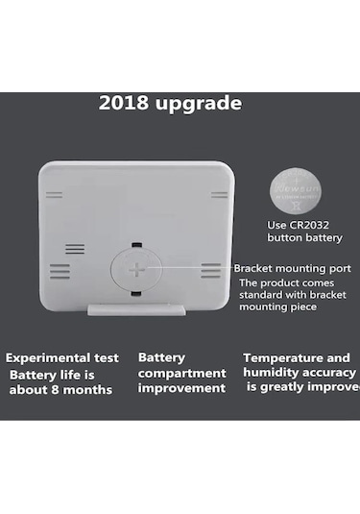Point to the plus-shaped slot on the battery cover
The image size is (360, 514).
coord(137,269)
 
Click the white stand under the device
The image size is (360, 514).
coord(136,309)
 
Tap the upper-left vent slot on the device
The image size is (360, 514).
coord(55,195)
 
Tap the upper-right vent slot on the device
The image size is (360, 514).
coord(219,195)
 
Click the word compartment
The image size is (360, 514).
coord(182,373)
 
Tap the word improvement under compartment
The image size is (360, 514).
coord(182,388)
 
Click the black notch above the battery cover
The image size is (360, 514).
coord(137,245)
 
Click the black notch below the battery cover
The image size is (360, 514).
coord(137,294)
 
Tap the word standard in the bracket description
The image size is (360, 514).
coord(264,296)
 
